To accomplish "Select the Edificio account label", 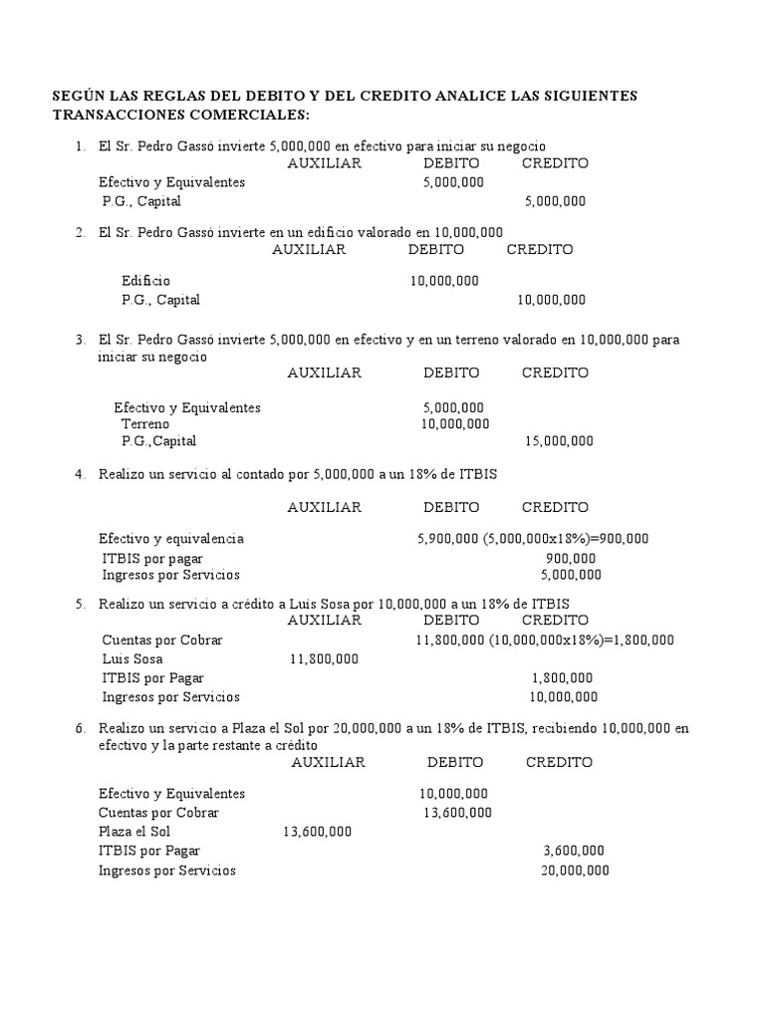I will pos(145,281).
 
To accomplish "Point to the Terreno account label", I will pos(145,423).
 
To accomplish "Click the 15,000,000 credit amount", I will pos(559,440).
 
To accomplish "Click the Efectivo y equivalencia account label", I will pos(170,539).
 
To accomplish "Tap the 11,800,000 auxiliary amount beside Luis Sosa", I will pos(324,658).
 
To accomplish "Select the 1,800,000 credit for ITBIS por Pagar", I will pos(566,677).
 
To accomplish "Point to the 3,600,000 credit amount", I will pos(573,851).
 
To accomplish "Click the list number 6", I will pos(80,728).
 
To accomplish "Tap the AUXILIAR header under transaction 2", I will pos(309,250).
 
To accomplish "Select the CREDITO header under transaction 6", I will pos(559,762).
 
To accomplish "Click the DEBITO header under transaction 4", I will pos(451,507).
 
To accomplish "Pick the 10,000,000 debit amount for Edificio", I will pos(444,281).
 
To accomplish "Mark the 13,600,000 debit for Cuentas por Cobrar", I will pos(457,813).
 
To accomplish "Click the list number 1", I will pos(80,146).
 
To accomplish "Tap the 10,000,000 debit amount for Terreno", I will pos(455,423).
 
